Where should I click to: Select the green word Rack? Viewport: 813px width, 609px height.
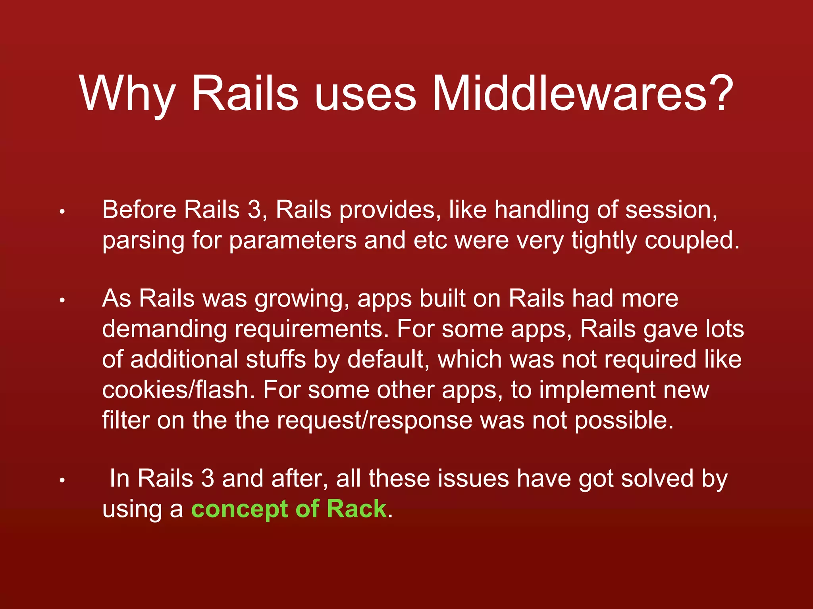point(356,509)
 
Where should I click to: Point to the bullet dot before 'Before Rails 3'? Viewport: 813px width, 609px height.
point(62,212)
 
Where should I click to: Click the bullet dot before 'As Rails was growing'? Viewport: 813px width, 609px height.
point(62,301)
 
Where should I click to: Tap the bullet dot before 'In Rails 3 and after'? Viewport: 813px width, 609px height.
point(62,481)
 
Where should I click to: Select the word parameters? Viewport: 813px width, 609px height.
point(293,241)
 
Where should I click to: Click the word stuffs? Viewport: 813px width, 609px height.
point(275,360)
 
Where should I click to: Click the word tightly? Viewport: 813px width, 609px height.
point(604,241)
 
